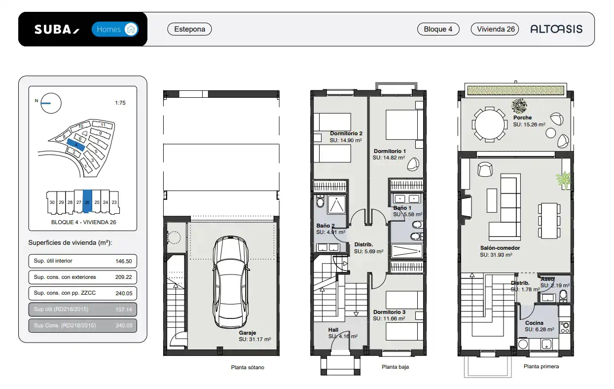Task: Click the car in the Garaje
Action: pyautogui.click(x=231, y=282)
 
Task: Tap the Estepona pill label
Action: pyautogui.click(x=189, y=29)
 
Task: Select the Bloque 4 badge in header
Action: pyautogui.click(x=438, y=29)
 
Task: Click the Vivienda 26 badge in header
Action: pyautogui.click(x=495, y=29)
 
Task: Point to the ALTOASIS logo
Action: pyautogui.click(x=556, y=29)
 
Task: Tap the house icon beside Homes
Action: pyautogui.click(x=131, y=29)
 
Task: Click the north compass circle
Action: pyautogui.click(x=51, y=103)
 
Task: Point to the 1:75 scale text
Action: pyautogui.click(x=120, y=103)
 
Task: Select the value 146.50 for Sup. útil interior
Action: pyautogui.click(x=124, y=261)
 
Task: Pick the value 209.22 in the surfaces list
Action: pyautogui.click(x=124, y=277)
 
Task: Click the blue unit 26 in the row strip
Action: pyautogui.click(x=87, y=201)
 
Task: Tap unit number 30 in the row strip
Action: pyautogui.click(x=52, y=202)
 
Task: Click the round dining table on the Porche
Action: pyautogui.click(x=490, y=124)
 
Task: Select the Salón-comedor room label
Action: pyautogui.click(x=500, y=248)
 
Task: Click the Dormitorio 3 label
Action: pyautogui.click(x=389, y=312)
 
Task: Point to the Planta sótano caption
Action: pyautogui.click(x=248, y=367)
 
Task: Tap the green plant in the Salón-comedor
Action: pyautogui.click(x=564, y=180)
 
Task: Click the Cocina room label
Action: pyautogui.click(x=534, y=323)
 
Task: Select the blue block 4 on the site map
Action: pyautogui.click(x=76, y=145)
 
